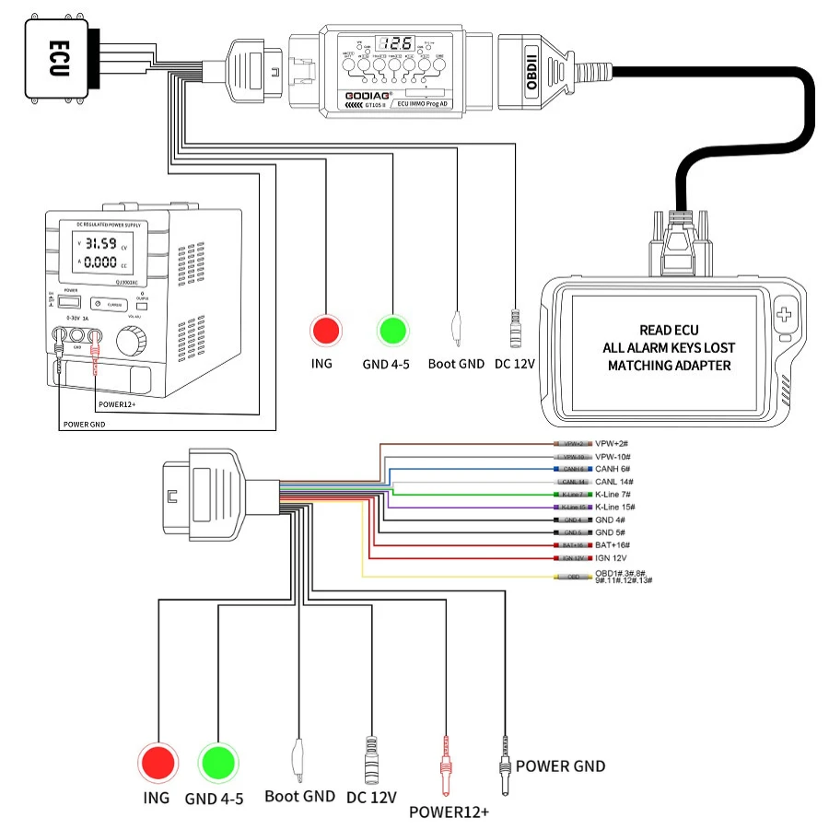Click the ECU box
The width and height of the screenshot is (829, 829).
56,57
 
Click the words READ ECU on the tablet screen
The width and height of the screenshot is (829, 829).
668,330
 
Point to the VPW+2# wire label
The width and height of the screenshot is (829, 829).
614,443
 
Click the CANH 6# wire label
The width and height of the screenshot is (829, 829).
614,469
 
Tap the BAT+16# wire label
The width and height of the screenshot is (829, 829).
614,545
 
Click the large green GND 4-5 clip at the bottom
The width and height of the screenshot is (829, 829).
218,762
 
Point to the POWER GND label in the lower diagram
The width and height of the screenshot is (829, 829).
560,765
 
